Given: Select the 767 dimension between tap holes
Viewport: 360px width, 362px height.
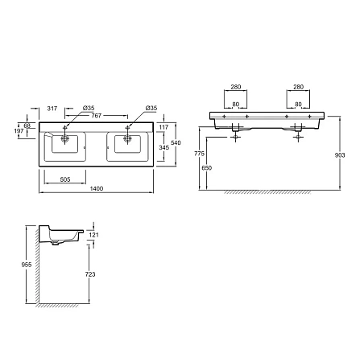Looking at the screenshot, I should [97, 116].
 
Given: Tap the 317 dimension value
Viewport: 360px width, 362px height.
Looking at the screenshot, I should [52, 107].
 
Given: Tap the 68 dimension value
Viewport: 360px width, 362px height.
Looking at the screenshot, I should [29, 125].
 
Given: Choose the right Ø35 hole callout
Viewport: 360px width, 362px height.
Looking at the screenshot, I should [150, 108].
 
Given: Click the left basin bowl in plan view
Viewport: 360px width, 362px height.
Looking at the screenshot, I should [65, 144].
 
